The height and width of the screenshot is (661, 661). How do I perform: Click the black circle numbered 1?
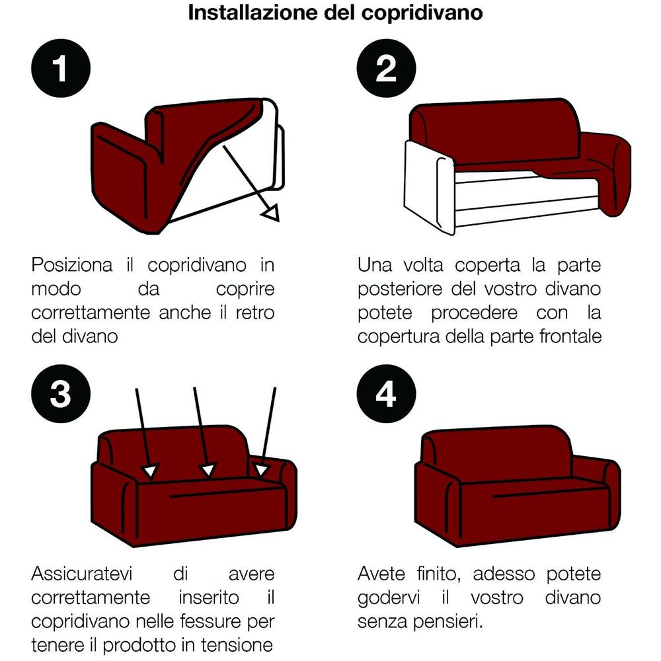pos(60,69)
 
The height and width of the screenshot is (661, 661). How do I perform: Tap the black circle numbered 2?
pos(386,69)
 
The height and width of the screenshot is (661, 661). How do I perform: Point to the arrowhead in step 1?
pos(270,213)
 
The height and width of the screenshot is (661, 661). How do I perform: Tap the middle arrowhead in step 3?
pos(208,470)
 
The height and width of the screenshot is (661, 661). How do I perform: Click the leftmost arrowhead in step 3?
pos(151,471)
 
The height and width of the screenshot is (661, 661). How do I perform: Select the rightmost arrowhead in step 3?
pos(262,470)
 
